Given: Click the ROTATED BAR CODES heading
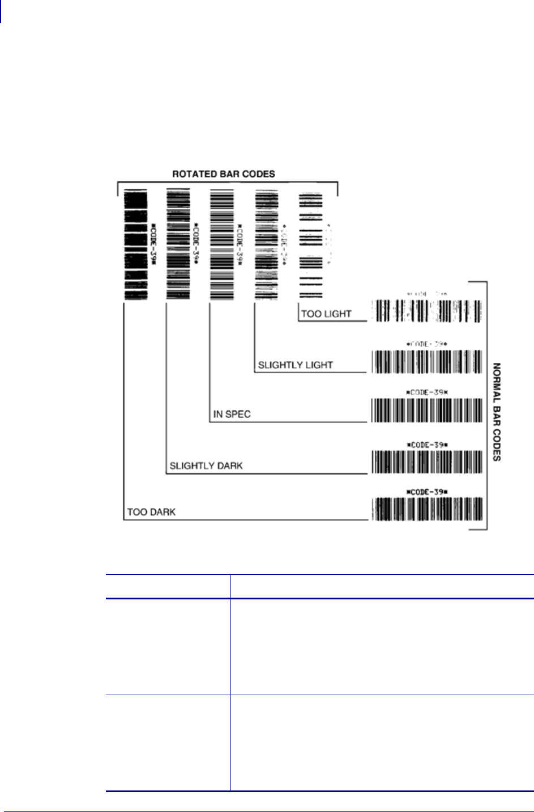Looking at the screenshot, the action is pos(223,174).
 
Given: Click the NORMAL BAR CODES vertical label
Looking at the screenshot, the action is pos(497,412).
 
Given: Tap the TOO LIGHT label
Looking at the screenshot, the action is pos(326,314).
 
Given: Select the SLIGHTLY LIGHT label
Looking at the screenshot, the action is pos(295,365).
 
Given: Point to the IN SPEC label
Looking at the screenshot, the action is pos(232,415).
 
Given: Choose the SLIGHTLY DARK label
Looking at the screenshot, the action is pos(206,466).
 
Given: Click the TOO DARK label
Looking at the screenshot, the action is pos(151,512).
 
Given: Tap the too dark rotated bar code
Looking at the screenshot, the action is pos(135,245).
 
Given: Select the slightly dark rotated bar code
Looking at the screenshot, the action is pos(178,245).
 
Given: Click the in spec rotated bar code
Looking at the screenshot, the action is pos(221,245).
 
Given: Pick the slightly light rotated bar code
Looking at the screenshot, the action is pos(266,245).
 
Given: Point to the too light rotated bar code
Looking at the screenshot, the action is pos(310,245).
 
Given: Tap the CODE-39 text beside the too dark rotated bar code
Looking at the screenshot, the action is pos(153,245).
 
